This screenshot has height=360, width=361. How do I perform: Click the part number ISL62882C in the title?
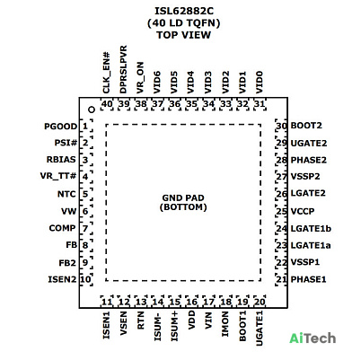tap(184, 11)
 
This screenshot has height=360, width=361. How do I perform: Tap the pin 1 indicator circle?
tap(92, 110)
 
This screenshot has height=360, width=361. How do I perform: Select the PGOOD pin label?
tap(61, 127)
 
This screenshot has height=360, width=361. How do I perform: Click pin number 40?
tap(107, 104)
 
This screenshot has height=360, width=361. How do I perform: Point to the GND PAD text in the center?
tap(183, 198)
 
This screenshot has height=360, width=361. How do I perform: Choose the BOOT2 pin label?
tap(306, 126)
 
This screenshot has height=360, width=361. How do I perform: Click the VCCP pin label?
tap(303, 212)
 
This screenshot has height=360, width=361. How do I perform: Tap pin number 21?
tap(281, 279)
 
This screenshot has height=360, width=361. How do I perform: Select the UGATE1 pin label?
tap(260, 329)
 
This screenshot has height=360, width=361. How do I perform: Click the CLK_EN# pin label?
tap(106, 73)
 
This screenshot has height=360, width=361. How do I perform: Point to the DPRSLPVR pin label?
tap(123, 69)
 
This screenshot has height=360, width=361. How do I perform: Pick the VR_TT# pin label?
tap(58, 176)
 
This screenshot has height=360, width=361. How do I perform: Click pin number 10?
tap(85, 279)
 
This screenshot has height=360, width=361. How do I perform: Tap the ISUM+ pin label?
tap(174, 326)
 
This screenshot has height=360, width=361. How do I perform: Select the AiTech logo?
tap(313, 338)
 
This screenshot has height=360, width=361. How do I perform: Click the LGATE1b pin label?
tap(311, 229)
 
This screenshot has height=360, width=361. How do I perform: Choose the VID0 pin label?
tap(260, 83)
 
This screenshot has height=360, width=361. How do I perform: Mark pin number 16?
tap(191, 302)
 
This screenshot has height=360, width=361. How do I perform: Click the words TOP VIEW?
tap(184, 35)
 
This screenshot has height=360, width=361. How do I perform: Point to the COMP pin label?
tap(62, 228)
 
